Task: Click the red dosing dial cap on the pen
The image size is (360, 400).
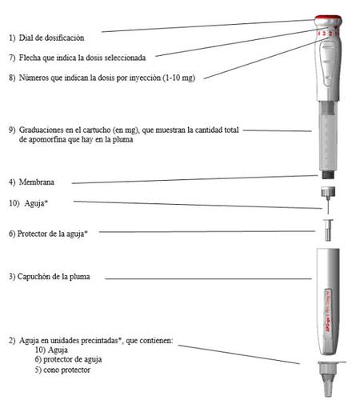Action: click(x=328, y=19)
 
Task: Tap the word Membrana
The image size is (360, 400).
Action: click(x=37, y=182)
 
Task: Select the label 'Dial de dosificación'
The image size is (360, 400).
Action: click(x=51, y=38)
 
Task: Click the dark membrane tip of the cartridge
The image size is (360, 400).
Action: click(x=328, y=175)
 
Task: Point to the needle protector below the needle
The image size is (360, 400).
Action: click(x=328, y=230)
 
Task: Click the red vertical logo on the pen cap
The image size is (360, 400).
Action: click(x=328, y=310)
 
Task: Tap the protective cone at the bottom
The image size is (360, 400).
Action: click(x=329, y=378)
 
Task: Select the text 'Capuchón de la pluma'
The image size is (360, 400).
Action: click(x=54, y=277)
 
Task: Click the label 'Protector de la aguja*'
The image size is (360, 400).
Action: click(x=53, y=234)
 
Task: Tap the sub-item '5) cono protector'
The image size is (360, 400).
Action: click(x=62, y=370)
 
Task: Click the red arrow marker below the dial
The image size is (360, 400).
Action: click(x=335, y=28)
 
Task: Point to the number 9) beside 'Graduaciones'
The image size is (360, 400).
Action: click(x=12, y=130)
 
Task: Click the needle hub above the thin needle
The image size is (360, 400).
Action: click(x=328, y=192)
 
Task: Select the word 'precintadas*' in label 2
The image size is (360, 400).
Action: click(x=102, y=341)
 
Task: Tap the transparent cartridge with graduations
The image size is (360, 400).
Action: click(x=328, y=136)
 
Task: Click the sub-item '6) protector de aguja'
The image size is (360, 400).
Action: click(x=68, y=359)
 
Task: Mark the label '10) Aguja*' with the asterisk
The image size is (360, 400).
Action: click(x=29, y=203)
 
